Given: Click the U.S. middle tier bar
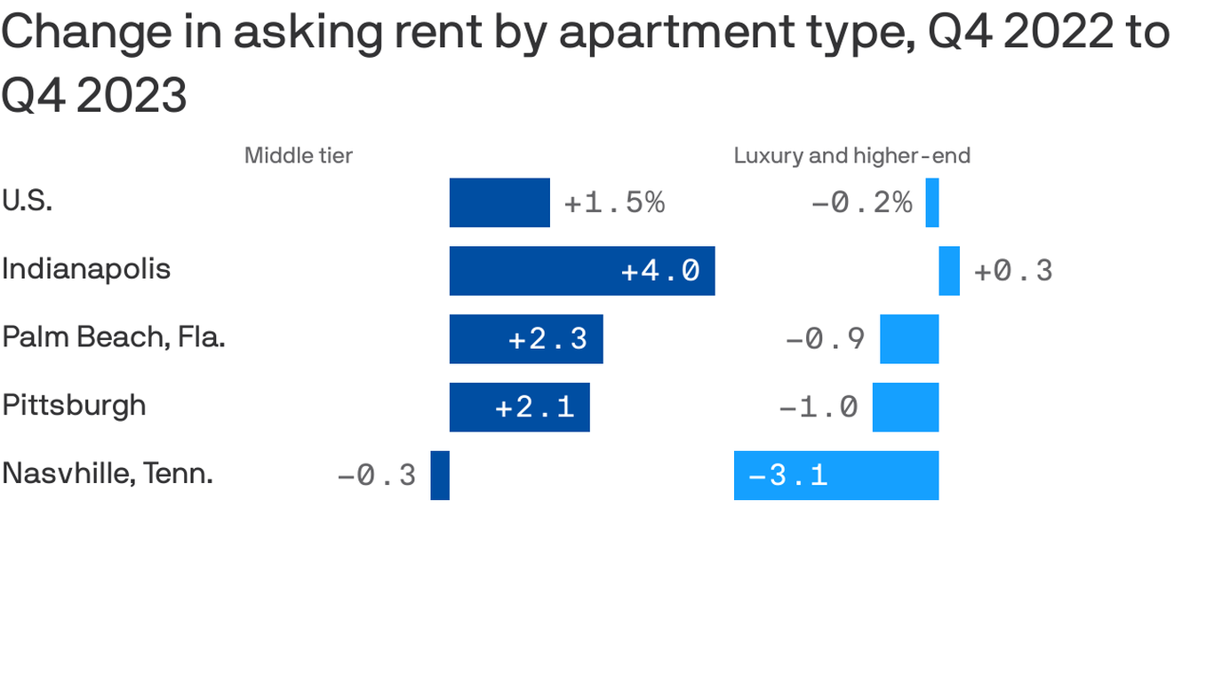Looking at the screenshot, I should click(499, 202).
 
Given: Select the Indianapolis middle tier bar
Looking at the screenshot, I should click(582, 271).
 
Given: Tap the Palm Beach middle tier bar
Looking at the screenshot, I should click(526, 338).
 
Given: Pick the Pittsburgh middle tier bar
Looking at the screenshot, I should click(519, 407).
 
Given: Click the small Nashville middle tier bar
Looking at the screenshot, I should click(440, 475).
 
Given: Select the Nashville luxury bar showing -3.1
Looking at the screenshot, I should click(835, 475).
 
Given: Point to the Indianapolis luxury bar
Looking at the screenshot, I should click(949, 271).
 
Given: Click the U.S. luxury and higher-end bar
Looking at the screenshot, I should click(932, 202).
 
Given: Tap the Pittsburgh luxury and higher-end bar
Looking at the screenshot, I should click(906, 407).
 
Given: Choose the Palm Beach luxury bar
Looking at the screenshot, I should click(909, 338).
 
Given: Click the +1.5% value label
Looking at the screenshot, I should click(614, 202).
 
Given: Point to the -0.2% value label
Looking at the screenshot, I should click(861, 202).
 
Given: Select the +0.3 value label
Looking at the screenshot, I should click(1013, 271).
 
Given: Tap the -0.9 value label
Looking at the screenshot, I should click(825, 338).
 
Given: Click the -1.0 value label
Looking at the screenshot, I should click(818, 407).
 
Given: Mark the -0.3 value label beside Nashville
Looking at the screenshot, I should click(377, 475).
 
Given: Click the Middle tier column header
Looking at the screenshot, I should click(299, 156).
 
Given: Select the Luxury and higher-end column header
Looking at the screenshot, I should click(851, 156).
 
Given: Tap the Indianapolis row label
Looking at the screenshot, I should click(86, 268).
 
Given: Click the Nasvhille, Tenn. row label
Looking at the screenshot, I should click(108, 473).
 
